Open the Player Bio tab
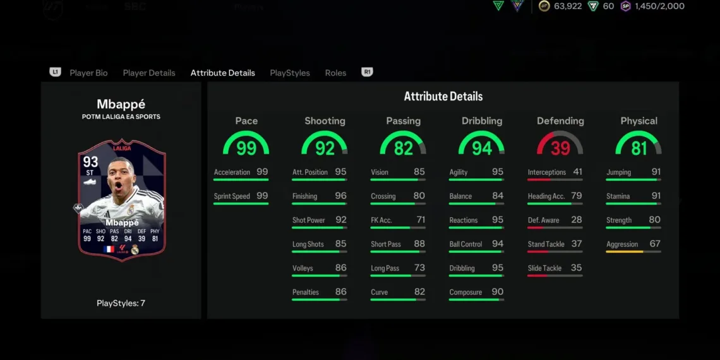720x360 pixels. click(x=88, y=73)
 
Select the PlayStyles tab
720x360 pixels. click(x=290, y=73)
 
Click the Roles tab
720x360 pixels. click(x=335, y=73)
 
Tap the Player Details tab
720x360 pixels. click(x=149, y=73)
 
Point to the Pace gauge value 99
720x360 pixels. click(x=246, y=148)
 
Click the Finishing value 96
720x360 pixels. click(x=340, y=196)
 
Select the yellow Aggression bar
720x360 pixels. click(x=624, y=252)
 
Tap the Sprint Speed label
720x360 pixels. click(x=232, y=196)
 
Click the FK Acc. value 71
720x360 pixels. click(x=419, y=220)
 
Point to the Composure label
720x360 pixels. click(x=465, y=292)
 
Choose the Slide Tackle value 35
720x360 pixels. click(x=576, y=268)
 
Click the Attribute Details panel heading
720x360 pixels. click(x=443, y=97)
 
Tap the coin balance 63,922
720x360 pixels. click(x=567, y=6)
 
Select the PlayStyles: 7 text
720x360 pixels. click(x=121, y=303)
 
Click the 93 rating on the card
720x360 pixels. click(x=90, y=162)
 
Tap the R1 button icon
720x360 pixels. click(x=367, y=72)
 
